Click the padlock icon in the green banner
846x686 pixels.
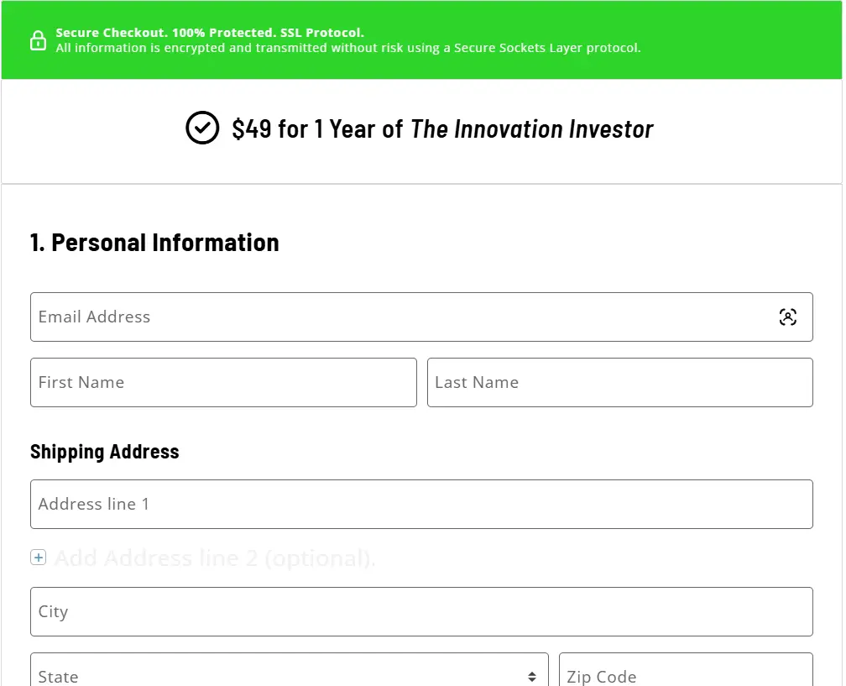tap(38, 40)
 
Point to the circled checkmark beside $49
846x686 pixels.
tap(202, 128)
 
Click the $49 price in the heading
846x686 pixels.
tap(252, 129)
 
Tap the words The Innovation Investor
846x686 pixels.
tap(531, 129)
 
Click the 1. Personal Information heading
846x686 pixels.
tap(154, 243)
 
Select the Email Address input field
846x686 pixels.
tap(403, 317)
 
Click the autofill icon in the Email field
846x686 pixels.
tap(787, 317)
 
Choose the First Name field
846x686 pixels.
tap(223, 383)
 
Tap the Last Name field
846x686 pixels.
tap(619, 383)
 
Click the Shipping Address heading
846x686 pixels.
tap(105, 452)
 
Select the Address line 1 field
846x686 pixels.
tap(421, 505)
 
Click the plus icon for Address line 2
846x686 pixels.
tap(39, 558)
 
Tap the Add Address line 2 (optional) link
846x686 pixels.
tap(215, 558)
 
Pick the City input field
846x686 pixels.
tap(421, 612)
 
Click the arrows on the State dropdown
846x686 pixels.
tap(532, 677)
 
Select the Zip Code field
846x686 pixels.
tap(685, 674)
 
